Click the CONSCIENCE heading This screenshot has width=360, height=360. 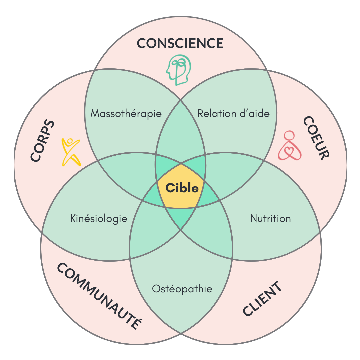click(x=180, y=43)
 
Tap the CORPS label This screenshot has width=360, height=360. click(x=42, y=140)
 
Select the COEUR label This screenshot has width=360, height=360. click(x=316, y=138)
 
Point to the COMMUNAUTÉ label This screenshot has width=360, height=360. click(x=100, y=296)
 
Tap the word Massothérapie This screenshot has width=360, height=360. click(x=126, y=114)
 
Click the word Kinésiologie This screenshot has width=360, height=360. click(x=99, y=219)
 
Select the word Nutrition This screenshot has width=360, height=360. click(x=271, y=219)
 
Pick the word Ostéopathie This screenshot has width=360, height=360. click(x=182, y=289)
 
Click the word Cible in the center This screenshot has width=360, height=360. click(x=182, y=188)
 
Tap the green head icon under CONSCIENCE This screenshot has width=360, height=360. click(x=179, y=70)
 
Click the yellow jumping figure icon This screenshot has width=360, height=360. click(x=71, y=152)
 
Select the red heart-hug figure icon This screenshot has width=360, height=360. click(x=290, y=145)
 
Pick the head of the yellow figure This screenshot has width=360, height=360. click(x=70, y=141)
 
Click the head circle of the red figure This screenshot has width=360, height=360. click(x=289, y=135)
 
